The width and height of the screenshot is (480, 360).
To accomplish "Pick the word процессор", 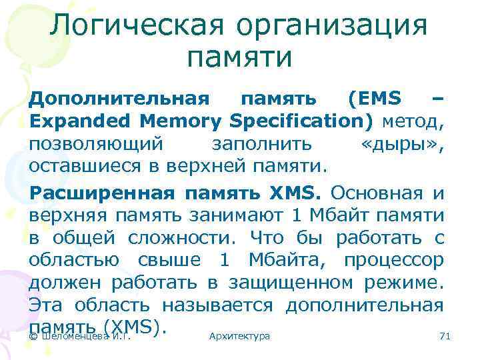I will pos(393,259).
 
